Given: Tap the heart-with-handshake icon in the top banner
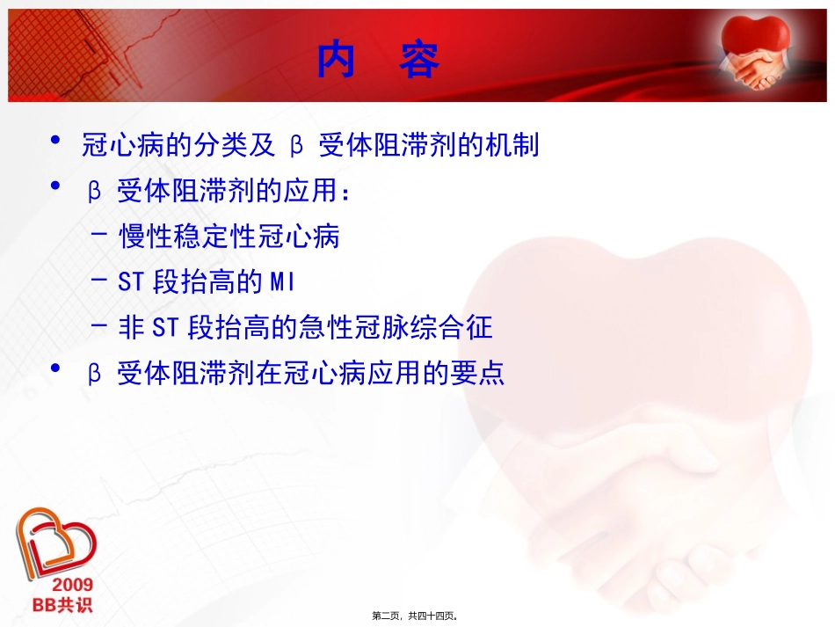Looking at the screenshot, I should [x=754, y=53].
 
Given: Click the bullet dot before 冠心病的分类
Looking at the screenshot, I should [x=56, y=142].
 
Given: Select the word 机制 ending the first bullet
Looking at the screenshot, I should [x=517, y=145].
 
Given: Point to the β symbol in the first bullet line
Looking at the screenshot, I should [x=296, y=146].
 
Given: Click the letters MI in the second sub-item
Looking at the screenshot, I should [x=281, y=282].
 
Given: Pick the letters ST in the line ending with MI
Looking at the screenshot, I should [x=133, y=282].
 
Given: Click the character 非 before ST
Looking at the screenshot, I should [x=129, y=328].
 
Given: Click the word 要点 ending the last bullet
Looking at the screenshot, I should [x=483, y=374].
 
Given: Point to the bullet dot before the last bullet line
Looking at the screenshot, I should [x=56, y=369].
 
